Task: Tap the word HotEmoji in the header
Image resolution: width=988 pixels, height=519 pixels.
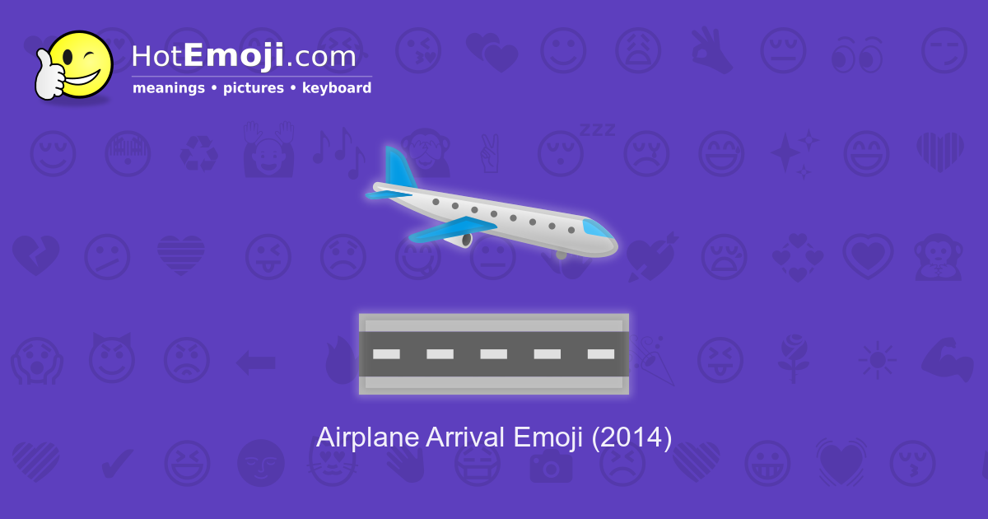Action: point(207,57)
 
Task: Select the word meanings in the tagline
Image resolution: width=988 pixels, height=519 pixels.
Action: point(169,88)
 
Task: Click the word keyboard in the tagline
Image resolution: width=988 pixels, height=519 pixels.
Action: point(337,88)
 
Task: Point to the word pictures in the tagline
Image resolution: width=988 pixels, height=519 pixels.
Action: point(253,88)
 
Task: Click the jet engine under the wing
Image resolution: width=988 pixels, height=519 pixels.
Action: point(466,239)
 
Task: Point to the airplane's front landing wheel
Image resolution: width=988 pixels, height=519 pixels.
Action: point(562,255)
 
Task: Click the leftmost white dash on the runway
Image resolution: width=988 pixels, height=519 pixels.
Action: point(386,354)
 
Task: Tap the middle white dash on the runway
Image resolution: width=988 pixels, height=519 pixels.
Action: point(493,354)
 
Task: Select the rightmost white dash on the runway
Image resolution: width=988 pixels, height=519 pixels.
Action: point(600,354)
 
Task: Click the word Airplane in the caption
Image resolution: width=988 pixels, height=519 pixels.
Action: point(367,437)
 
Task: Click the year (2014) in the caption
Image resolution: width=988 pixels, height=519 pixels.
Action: point(631,437)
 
